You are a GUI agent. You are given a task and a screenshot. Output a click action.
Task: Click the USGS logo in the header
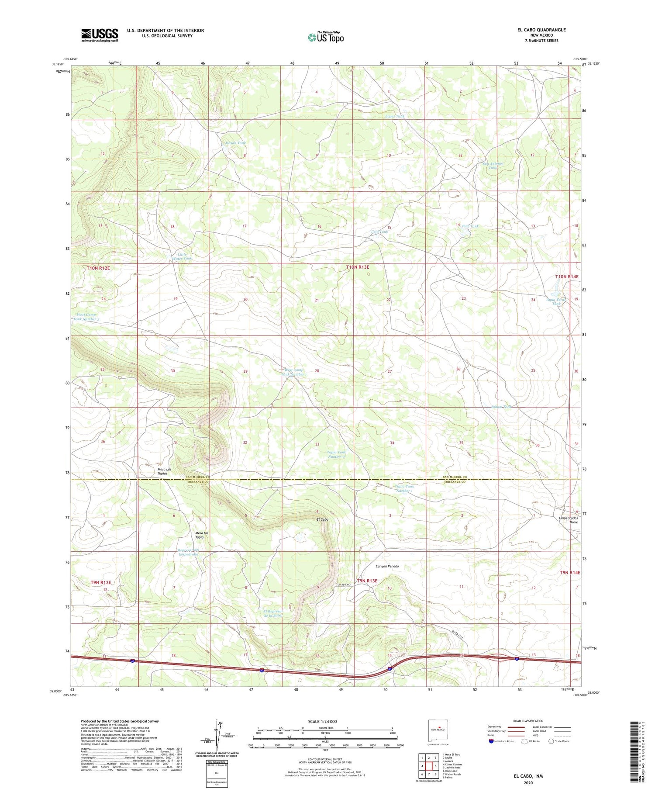(x=100, y=35)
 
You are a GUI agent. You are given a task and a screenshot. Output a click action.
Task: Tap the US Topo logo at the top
(x=325, y=37)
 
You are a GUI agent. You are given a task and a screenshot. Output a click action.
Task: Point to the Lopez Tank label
(x=394, y=116)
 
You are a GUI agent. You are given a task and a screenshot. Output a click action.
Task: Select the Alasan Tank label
(x=235, y=143)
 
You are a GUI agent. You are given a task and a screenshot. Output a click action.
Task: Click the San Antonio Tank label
(x=493, y=166)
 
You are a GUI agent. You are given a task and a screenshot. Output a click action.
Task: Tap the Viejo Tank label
(x=379, y=232)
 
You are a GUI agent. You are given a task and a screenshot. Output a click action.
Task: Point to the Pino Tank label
(x=467, y=226)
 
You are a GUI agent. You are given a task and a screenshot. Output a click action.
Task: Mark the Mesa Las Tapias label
(x=168, y=471)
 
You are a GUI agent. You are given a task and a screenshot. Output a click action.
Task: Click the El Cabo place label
(x=322, y=519)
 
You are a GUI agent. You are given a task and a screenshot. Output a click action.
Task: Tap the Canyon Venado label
(x=387, y=566)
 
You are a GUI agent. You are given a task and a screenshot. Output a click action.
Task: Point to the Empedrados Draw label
(x=568, y=520)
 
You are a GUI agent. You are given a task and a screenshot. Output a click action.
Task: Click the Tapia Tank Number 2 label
(x=336, y=454)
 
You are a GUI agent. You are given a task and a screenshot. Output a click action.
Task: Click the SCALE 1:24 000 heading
(x=325, y=721)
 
